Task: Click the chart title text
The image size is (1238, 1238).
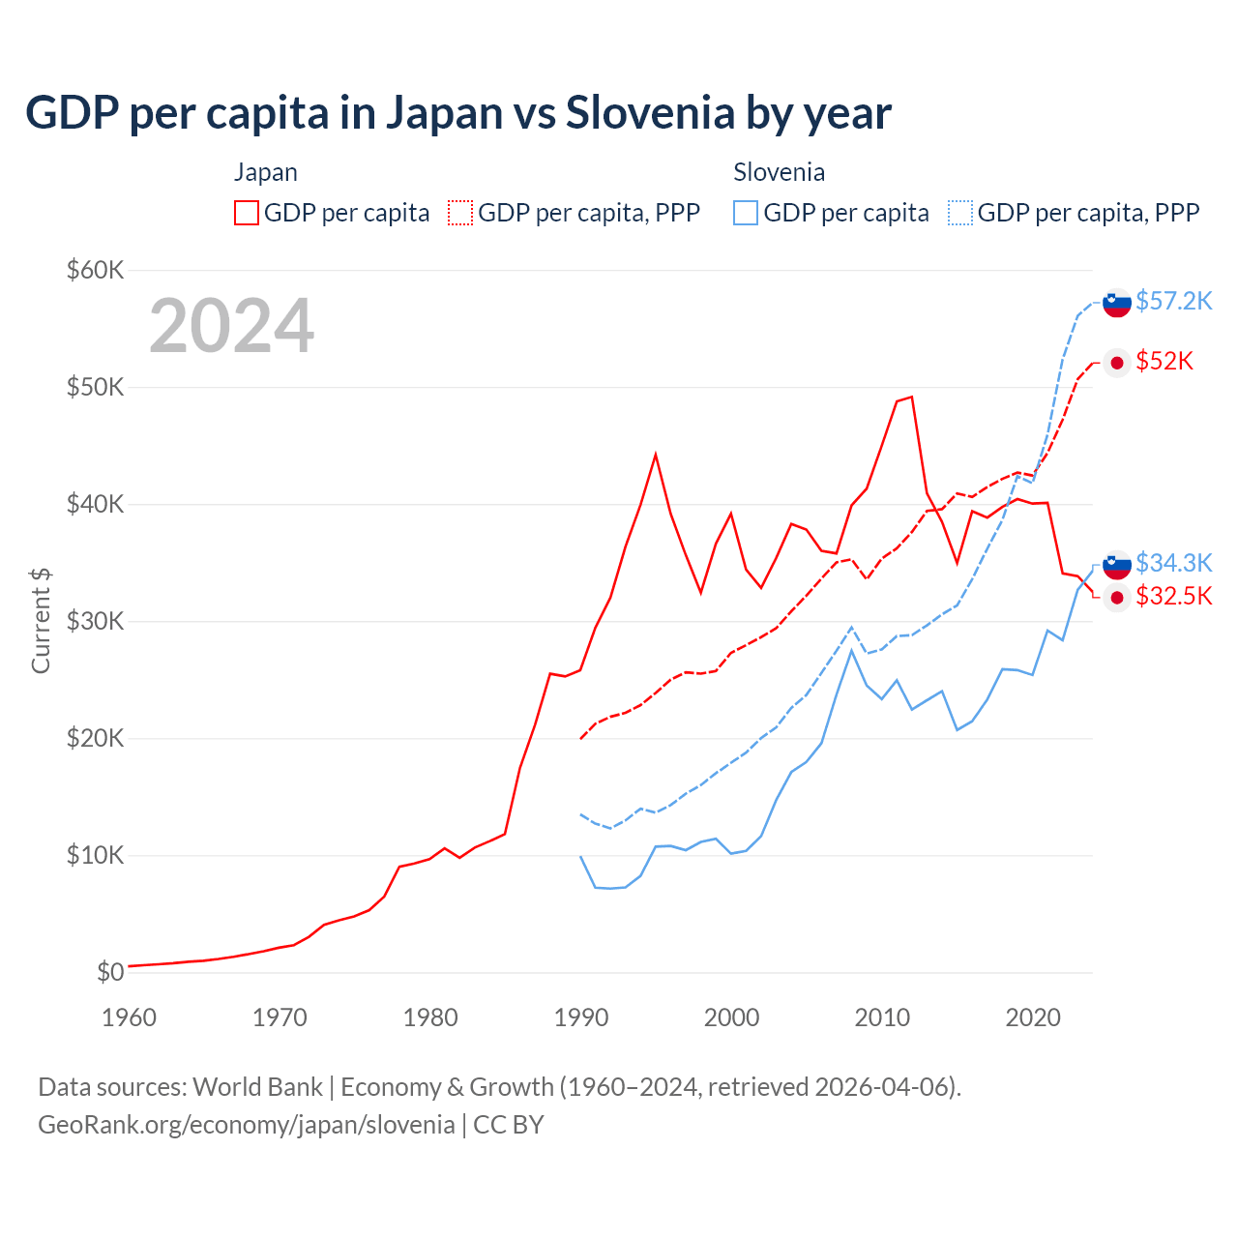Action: (458, 113)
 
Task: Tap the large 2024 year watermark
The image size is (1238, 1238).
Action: (231, 326)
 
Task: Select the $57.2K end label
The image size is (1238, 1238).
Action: (1173, 301)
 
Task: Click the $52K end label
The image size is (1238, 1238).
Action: (1164, 361)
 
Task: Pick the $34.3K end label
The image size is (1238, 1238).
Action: (1173, 562)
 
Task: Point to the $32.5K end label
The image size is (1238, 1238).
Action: (1173, 596)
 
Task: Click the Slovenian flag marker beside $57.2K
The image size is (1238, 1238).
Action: (1117, 302)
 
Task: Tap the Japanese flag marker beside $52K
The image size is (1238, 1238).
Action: (1117, 363)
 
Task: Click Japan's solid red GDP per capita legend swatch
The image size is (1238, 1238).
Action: (247, 213)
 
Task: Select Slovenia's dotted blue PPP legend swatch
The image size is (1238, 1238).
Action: (960, 213)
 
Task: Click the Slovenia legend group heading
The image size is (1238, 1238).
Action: (779, 172)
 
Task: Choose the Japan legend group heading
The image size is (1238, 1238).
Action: (265, 172)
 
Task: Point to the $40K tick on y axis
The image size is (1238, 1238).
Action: (95, 504)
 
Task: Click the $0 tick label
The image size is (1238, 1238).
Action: (110, 972)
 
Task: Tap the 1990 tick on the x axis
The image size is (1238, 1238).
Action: (581, 1017)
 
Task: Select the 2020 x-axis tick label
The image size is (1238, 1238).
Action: (1033, 1017)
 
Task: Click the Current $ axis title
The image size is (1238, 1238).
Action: (41, 621)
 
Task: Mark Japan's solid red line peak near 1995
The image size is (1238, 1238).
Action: (656, 455)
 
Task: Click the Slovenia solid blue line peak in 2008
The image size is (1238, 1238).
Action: (851, 650)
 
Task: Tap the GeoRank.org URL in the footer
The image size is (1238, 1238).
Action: (247, 1124)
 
